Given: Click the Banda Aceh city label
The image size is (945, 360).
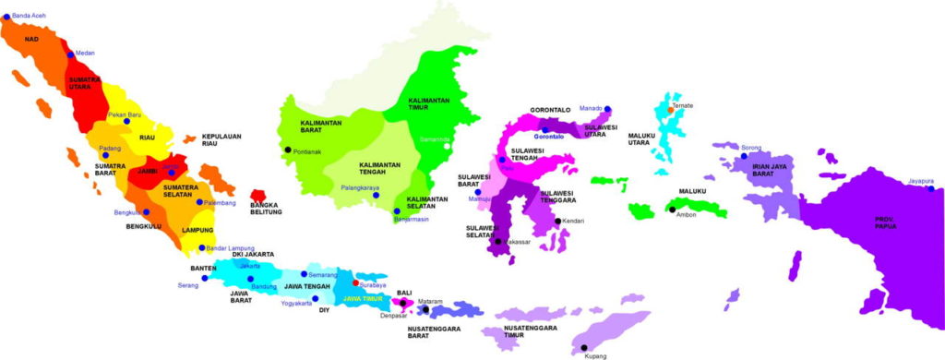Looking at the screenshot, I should click(x=28, y=17).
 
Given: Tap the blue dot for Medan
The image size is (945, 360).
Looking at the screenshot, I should click(x=68, y=54).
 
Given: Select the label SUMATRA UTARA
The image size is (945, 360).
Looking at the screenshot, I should click(x=86, y=85).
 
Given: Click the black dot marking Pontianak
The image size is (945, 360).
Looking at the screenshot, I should click(x=288, y=150).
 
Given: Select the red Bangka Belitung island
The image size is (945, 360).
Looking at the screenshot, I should click(x=258, y=198).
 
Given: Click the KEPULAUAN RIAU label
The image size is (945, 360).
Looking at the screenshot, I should click(x=221, y=140).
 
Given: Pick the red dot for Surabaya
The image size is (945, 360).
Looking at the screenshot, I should click(x=356, y=283).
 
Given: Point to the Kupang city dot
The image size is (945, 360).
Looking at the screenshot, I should click(x=583, y=345).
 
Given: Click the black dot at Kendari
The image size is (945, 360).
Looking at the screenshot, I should click(x=557, y=221).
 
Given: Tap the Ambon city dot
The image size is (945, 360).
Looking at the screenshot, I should click(x=672, y=210).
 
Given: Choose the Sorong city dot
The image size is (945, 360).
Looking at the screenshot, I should click(x=742, y=156).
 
